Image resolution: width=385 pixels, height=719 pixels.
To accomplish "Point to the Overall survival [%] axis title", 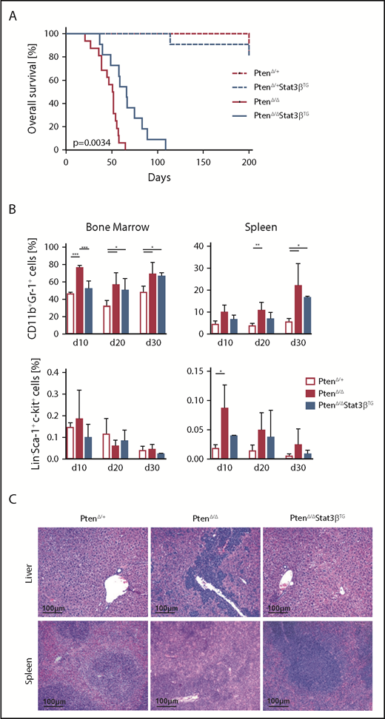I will (33, 91).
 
